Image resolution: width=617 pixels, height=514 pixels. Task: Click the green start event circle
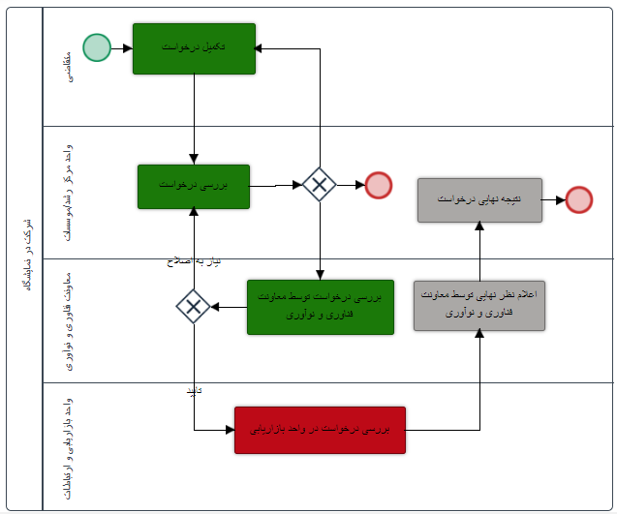coord(97,47)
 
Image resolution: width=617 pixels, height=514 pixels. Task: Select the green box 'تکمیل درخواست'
coord(194,48)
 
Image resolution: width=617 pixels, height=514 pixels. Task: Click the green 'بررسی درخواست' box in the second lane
coord(194,186)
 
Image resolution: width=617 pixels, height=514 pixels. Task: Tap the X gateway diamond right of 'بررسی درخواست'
coord(319,185)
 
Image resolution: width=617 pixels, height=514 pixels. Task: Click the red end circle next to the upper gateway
coord(378,185)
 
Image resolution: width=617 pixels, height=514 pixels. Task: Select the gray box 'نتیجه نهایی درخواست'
coord(479,199)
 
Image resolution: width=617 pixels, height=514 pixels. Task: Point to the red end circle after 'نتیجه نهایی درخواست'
coord(579,199)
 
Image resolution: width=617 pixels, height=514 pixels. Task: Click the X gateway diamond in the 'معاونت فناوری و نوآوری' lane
coord(194,307)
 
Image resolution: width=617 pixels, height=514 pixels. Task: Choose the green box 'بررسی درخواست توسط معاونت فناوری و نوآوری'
coord(320,307)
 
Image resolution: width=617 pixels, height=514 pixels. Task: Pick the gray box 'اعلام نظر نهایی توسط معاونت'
coord(479,305)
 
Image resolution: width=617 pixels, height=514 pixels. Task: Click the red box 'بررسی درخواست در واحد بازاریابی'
coord(320,430)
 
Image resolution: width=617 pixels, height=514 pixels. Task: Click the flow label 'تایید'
coord(193,390)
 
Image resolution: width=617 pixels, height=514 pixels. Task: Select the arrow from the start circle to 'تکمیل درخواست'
coord(121,47)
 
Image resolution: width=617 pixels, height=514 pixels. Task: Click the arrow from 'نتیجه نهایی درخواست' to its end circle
coord(554,199)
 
